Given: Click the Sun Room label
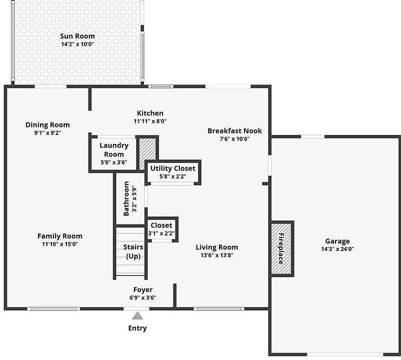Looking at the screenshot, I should pyautogui.click(x=77, y=36).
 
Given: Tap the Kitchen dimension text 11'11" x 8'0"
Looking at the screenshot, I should pyautogui.click(x=150, y=121).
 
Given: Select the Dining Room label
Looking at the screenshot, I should pyautogui.click(x=47, y=124).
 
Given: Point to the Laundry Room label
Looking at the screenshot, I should pyautogui.click(x=114, y=149).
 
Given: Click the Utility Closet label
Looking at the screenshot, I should pyautogui.click(x=173, y=168).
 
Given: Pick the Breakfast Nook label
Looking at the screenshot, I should pyautogui.click(x=234, y=130).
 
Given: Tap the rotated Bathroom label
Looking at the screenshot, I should pyautogui.click(x=126, y=198).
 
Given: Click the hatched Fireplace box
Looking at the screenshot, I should pyautogui.click(x=281, y=248).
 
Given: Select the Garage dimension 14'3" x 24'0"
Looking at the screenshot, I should pyautogui.click(x=337, y=249).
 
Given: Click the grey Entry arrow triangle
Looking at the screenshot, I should pyautogui.click(x=137, y=315).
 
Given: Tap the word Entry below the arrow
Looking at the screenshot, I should pyautogui.click(x=137, y=328).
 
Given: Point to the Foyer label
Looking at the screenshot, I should pyautogui.click(x=143, y=289).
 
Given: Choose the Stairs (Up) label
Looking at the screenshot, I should pyautogui.click(x=133, y=251).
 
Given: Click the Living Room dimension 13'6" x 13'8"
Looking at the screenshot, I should pyautogui.click(x=216, y=255).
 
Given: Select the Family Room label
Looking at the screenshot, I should pyautogui.click(x=60, y=236).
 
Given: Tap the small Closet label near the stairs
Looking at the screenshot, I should pyautogui.click(x=161, y=225).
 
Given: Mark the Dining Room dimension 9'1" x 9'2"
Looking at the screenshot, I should pyautogui.click(x=47, y=133).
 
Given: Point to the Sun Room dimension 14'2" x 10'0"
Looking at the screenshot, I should pyautogui.click(x=77, y=44).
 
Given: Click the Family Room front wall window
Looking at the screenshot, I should pyautogui.click(x=53, y=308).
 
